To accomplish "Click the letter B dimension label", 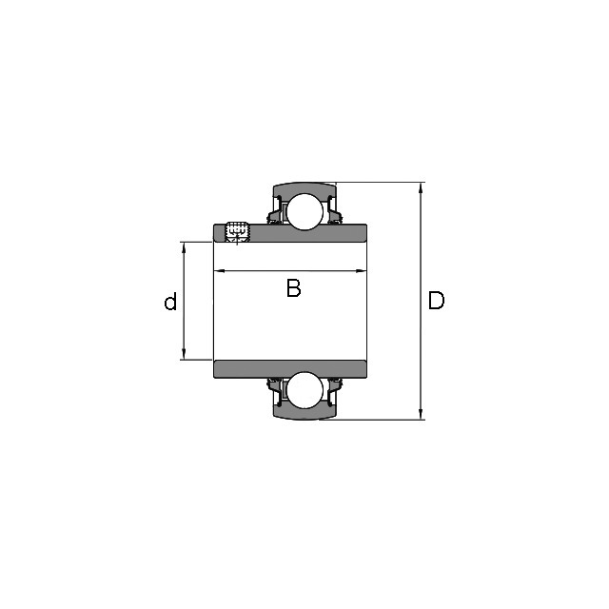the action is point(294,287).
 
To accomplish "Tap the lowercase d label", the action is point(170,301).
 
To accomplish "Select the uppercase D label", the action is point(436,301).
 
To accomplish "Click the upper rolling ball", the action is point(304,212).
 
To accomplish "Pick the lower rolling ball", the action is point(304,390).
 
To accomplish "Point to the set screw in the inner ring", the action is point(237,232).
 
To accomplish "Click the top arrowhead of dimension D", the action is point(421,187).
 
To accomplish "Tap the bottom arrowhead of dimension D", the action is point(421,415).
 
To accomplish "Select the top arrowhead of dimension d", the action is point(184,247).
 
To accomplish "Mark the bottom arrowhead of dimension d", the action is point(184,354).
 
